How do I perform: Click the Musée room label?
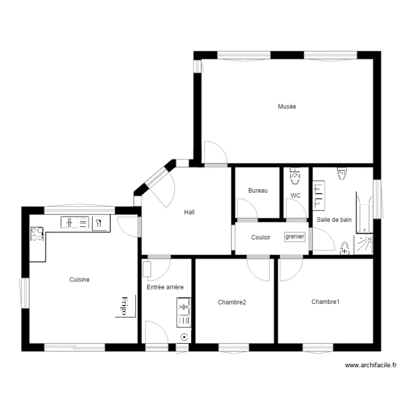287,107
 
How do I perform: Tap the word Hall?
189,212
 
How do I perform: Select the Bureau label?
258,190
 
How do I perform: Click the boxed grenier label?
295,236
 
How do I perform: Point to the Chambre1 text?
325,302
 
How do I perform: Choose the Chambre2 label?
232,302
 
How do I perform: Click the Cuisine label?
79,279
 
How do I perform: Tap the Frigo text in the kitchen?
124,306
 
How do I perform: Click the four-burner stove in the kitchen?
37,234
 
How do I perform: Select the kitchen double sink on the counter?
75,222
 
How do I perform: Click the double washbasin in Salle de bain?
319,195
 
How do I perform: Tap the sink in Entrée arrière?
184,312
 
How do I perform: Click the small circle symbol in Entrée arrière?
184,337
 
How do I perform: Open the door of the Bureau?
246,209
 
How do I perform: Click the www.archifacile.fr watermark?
370,365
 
